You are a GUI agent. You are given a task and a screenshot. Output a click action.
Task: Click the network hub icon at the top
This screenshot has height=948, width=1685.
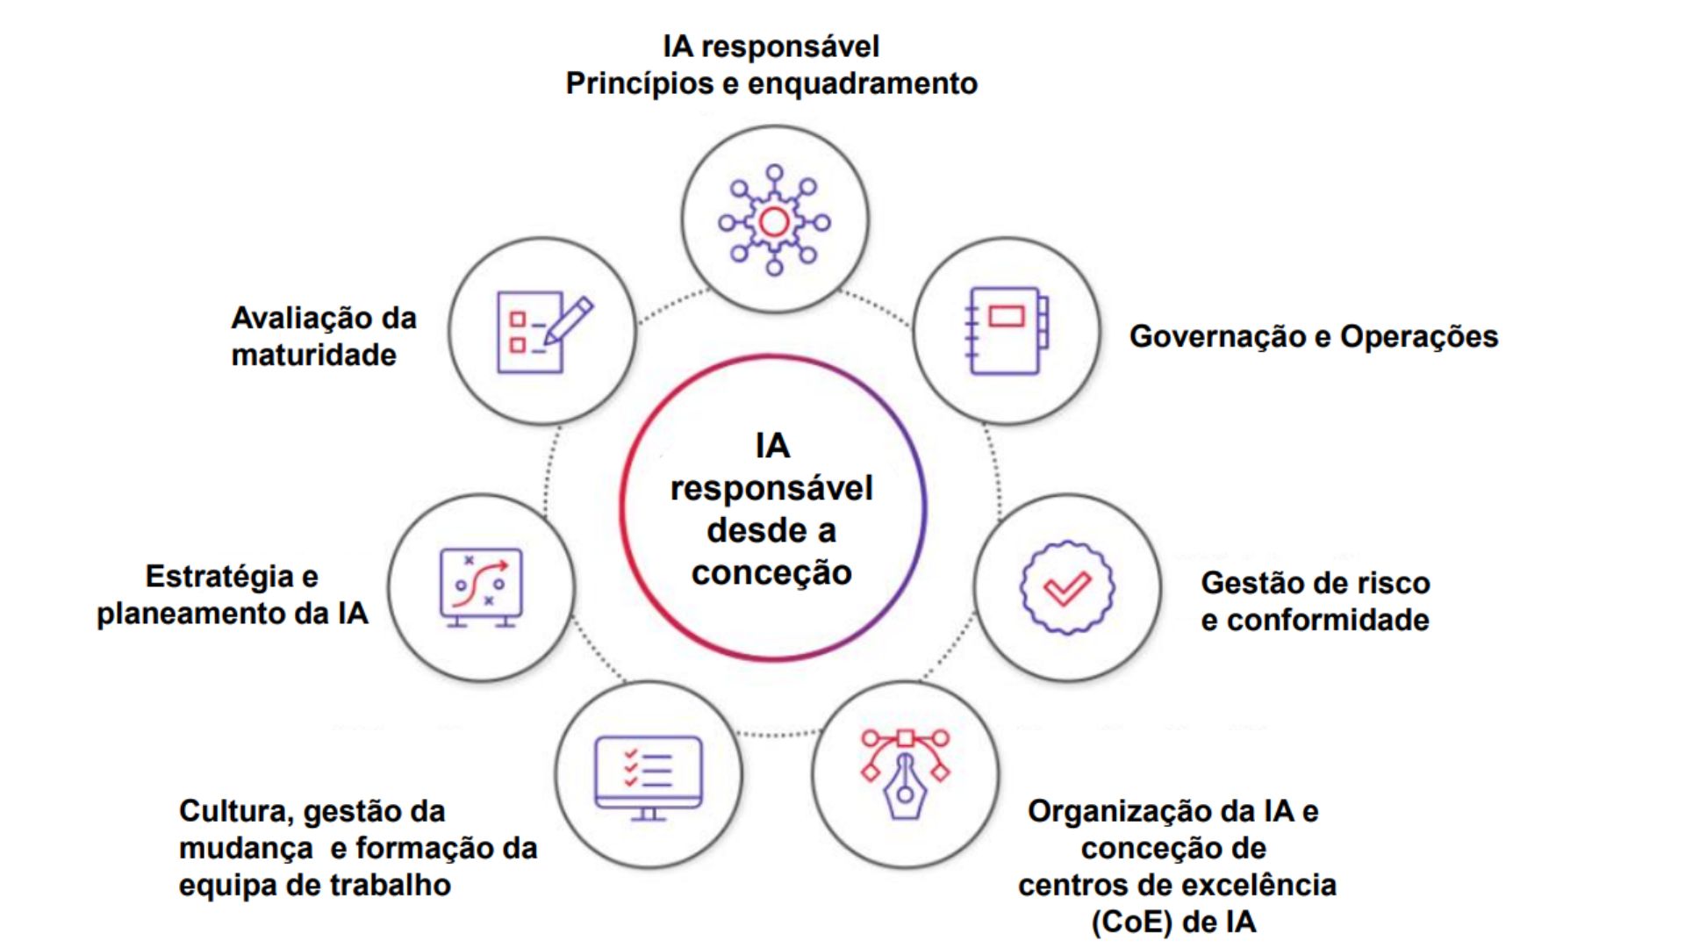coord(774,220)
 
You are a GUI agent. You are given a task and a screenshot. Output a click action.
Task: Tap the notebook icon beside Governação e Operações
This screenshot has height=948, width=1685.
coord(1006,330)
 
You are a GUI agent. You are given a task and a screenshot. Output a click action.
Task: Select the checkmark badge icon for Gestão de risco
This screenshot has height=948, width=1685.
coord(1067,587)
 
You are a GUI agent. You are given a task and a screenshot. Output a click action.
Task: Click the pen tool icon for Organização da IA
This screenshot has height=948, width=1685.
coord(905,773)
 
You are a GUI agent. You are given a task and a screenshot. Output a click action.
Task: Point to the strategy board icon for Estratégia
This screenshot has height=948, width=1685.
coord(481,586)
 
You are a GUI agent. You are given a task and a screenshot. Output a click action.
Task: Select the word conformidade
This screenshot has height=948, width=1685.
coord(1328,621)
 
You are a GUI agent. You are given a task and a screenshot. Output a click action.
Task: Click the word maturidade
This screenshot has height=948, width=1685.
coord(313,355)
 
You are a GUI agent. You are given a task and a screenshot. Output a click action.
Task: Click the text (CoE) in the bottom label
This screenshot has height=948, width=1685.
coord(1131,923)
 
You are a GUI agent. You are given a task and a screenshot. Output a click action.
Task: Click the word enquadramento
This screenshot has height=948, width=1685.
coord(863,83)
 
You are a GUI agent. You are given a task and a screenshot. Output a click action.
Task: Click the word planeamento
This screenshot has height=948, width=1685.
coord(191,614)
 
